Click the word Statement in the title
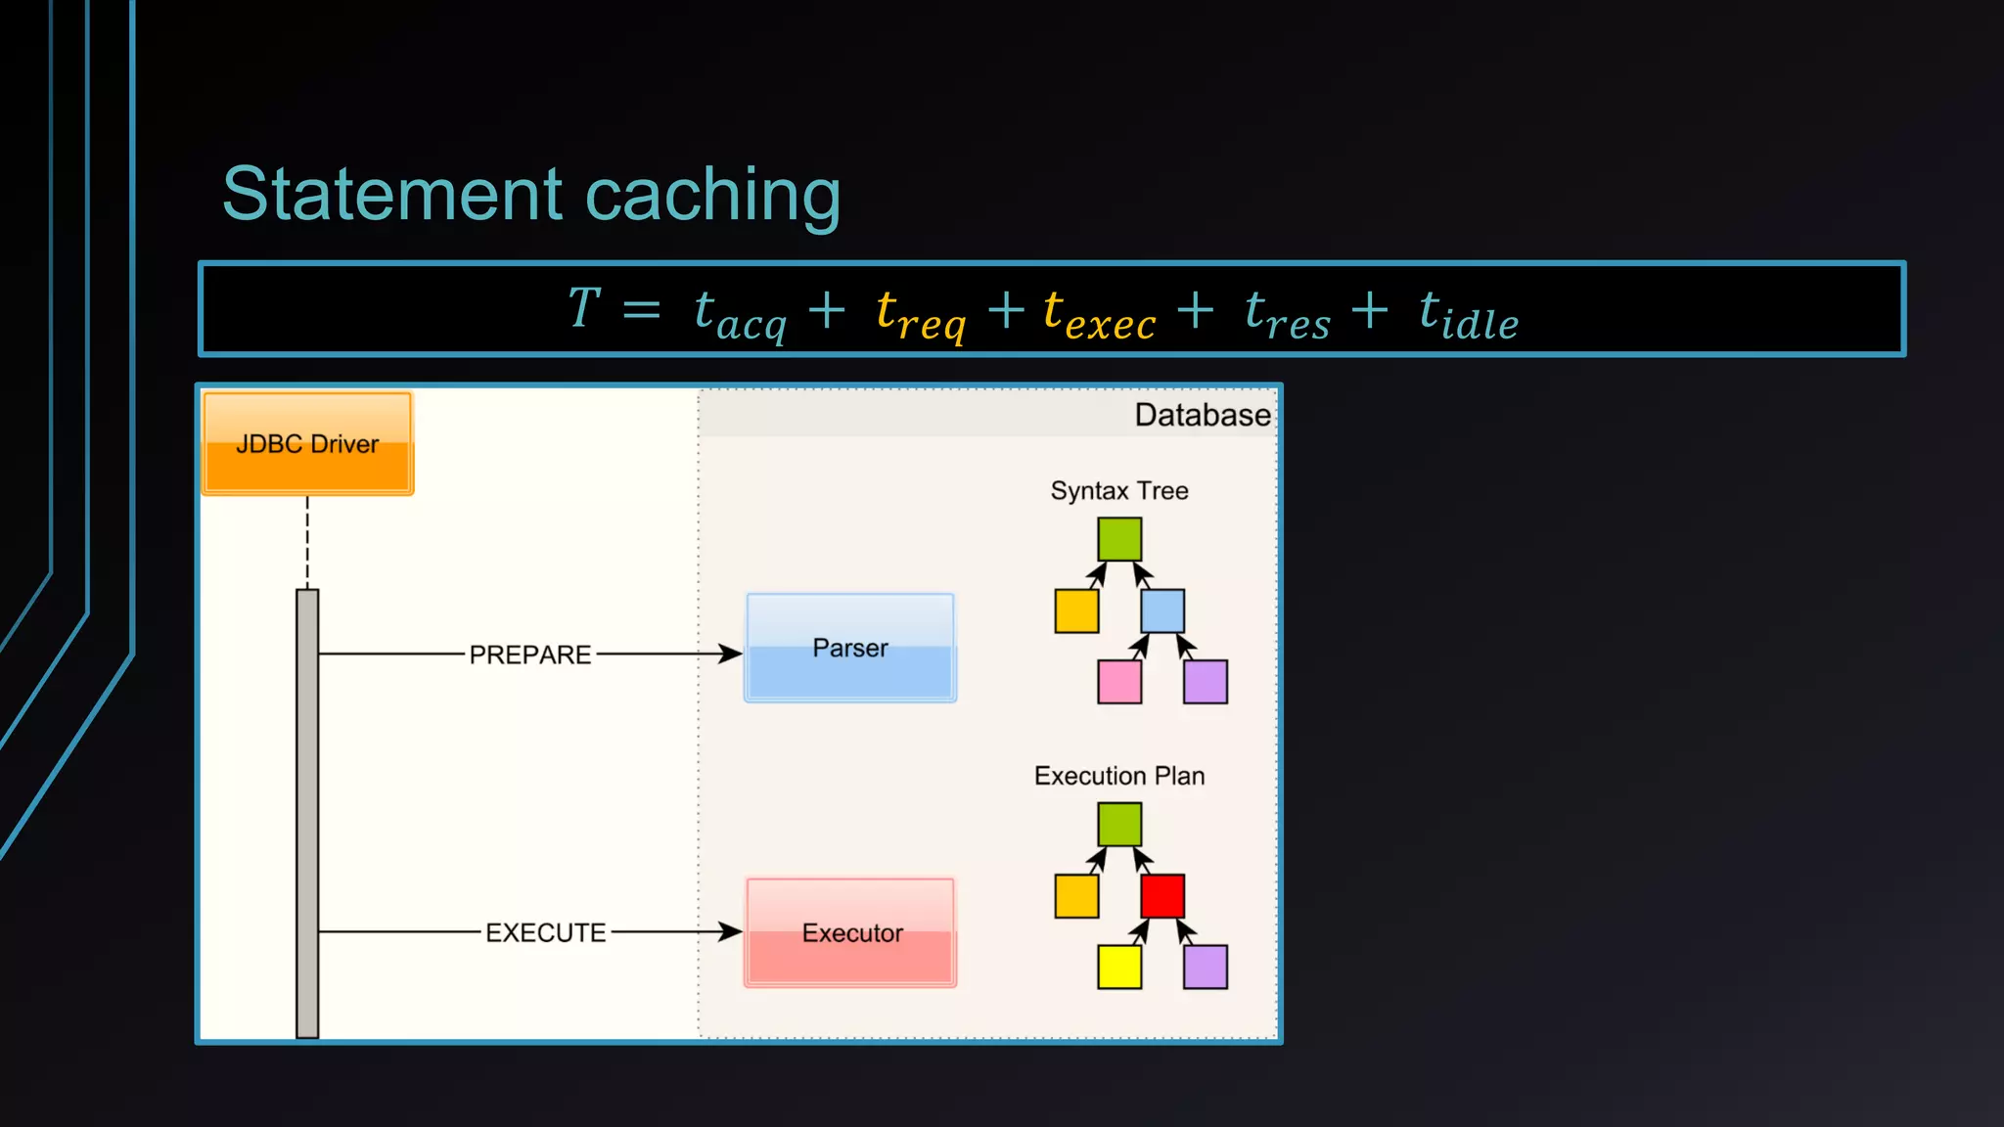[x=392, y=194]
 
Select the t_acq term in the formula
[x=740, y=313]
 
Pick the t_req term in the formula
[x=921, y=313]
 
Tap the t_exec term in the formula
[x=1099, y=313]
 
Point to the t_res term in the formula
[x=1287, y=313]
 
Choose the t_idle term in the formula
[x=1468, y=313]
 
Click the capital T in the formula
[x=584, y=307]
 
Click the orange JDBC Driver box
[x=307, y=443]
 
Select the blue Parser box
[x=850, y=648]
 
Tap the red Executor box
[x=850, y=932]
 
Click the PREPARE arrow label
[x=529, y=654]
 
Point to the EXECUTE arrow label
[x=545, y=932]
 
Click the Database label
[x=1202, y=415]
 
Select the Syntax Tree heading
[x=1119, y=490]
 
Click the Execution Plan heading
[x=1119, y=776]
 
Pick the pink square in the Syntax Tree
[x=1119, y=682]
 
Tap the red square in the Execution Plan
[x=1162, y=896]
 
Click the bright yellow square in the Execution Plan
[x=1119, y=967]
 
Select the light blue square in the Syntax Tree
[x=1162, y=610]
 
